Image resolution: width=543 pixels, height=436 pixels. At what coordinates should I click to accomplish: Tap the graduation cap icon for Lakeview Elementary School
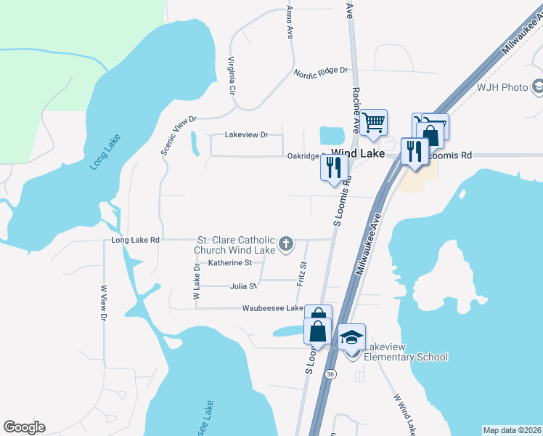click(351, 336)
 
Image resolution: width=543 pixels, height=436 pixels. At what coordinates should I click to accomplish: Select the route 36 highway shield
click(331, 374)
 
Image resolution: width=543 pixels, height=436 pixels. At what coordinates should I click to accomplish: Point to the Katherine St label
click(229, 262)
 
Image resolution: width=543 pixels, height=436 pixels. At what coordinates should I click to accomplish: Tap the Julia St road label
click(243, 286)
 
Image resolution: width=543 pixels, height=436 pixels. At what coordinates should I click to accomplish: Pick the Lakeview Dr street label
click(247, 134)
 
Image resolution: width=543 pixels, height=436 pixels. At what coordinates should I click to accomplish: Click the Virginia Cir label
click(232, 77)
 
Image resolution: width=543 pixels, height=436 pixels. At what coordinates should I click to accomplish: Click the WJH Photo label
click(502, 87)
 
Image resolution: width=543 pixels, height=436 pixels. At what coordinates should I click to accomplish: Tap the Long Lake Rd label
click(135, 239)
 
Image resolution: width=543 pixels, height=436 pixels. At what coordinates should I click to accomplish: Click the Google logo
click(24, 427)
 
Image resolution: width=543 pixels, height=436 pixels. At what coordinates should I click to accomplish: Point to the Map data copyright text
click(512, 430)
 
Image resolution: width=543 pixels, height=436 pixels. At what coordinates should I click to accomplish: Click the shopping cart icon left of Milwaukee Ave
click(374, 121)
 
